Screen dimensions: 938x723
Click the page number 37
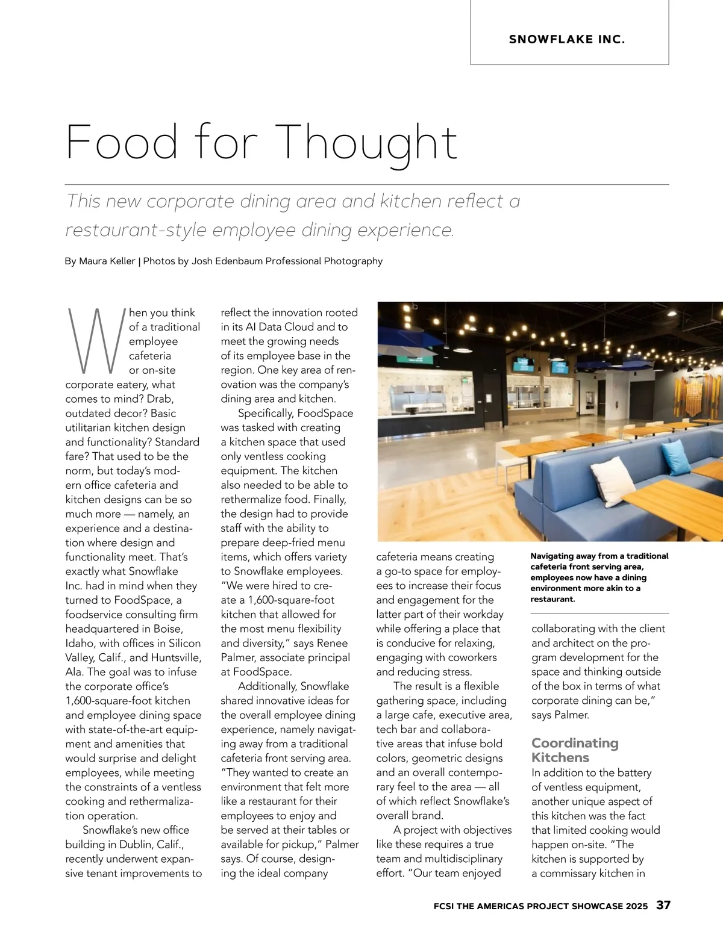pyautogui.click(x=663, y=905)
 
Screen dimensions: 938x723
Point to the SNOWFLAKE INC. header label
pyautogui.click(x=567, y=40)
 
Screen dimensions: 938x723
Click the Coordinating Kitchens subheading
pyautogui.click(x=575, y=750)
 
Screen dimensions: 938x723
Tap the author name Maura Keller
pyautogui.click(x=107, y=261)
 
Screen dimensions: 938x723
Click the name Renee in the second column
pyautogui.click(x=332, y=643)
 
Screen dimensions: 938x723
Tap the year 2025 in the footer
pyautogui.click(x=636, y=906)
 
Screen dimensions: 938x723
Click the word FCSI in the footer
pyautogui.click(x=444, y=906)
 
